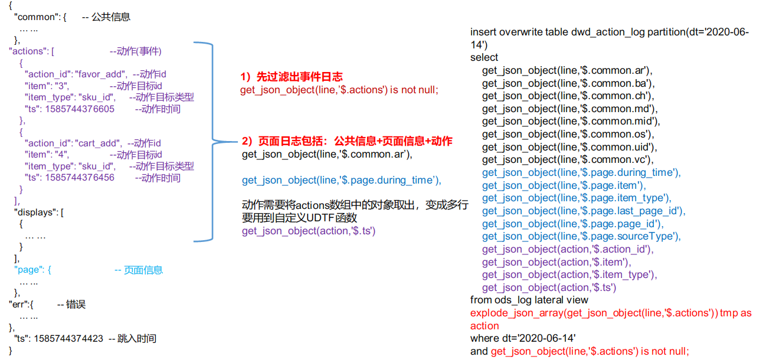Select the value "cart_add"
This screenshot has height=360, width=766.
point(98,143)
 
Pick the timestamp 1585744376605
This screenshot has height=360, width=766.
point(80,109)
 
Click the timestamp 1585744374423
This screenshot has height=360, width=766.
point(68,339)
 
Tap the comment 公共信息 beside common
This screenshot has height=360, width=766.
point(111,17)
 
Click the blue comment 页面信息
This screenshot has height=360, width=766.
point(143,270)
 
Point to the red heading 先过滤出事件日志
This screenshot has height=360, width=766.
point(300,77)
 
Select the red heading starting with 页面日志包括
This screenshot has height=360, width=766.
point(355,141)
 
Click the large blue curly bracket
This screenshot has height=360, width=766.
point(212,141)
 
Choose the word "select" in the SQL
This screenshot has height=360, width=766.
point(484,57)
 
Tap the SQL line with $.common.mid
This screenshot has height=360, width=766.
point(571,122)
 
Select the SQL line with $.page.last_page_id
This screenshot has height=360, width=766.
point(584,211)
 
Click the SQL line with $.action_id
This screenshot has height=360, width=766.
point(568,249)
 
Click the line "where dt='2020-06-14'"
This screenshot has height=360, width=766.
point(523,339)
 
